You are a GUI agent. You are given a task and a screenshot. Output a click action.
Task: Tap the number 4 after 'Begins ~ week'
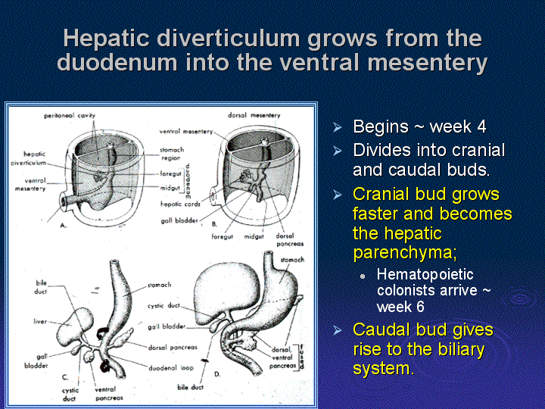pyautogui.click(x=481, y=126)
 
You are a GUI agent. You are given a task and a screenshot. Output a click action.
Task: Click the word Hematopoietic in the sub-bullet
pyautogui.click(x=425, y=275)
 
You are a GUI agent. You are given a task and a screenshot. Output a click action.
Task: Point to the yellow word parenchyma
pyautogui.click(x=404, y=253)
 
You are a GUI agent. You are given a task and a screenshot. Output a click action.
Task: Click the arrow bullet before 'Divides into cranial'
pyautogui.click(x=337, y=151)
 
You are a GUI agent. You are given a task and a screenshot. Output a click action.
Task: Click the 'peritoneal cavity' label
pyautogui.click(x=70, y=116)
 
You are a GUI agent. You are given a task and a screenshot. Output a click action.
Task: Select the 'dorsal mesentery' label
pyautogui.click(x=254, y=115)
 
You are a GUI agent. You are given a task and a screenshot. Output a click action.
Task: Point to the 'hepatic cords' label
pyautogui.click(x=180, y=204)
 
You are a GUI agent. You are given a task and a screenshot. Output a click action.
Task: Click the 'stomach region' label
pyautogui.click(x=172, y=154)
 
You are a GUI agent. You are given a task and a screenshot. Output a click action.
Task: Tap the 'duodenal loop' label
pyautogui.click(x=171, y=367)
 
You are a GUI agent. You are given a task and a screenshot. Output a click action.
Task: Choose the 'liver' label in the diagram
pyautogui.click(x=40, y=321)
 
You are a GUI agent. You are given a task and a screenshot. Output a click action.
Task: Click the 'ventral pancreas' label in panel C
pyautogui.click(x=109, y=394)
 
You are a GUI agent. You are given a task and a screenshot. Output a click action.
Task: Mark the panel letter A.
pyautogui.click(x=63, y=226)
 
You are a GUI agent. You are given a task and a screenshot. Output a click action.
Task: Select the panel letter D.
pyautogui.click(x=217, y=374)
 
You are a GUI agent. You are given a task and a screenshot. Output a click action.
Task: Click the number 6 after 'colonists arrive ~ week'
pyautogui.click(x=420, y=307)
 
